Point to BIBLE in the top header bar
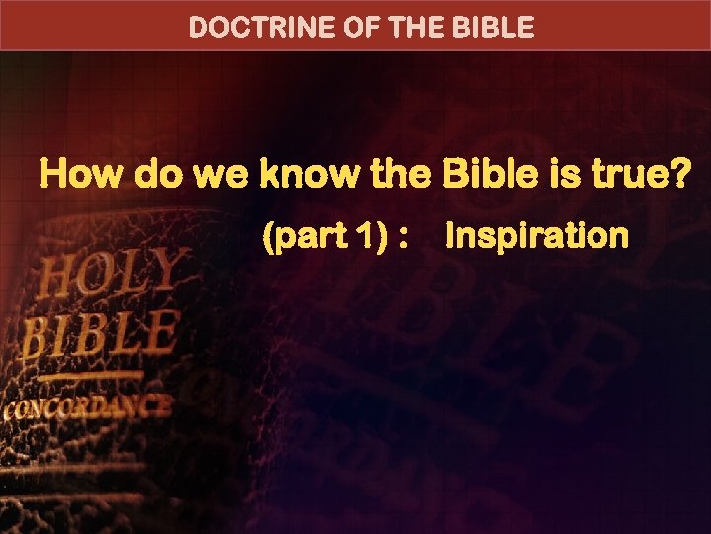coord(497,27)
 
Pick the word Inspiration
coord(537,236)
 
